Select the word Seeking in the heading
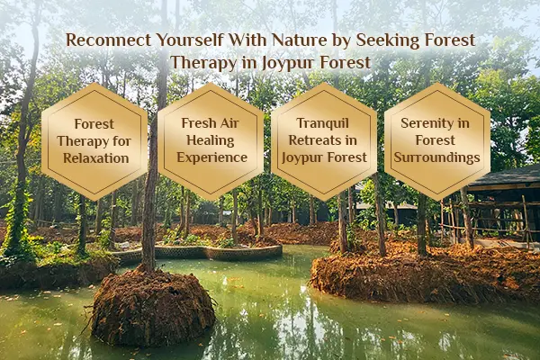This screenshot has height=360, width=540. coord(402,41)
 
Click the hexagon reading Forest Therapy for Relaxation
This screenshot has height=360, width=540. coord(96,141)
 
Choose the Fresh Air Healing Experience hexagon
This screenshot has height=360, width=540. coord(211,141)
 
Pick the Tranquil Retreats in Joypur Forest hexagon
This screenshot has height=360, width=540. coord(324,141)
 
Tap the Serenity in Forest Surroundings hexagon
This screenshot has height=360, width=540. coord(437,141)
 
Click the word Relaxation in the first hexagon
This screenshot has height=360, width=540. coord(96,158)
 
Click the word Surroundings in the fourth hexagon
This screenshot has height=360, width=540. coord(437,158)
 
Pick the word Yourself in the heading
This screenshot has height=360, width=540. coord(185,41)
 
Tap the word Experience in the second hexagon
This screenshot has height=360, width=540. coord(211,158)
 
